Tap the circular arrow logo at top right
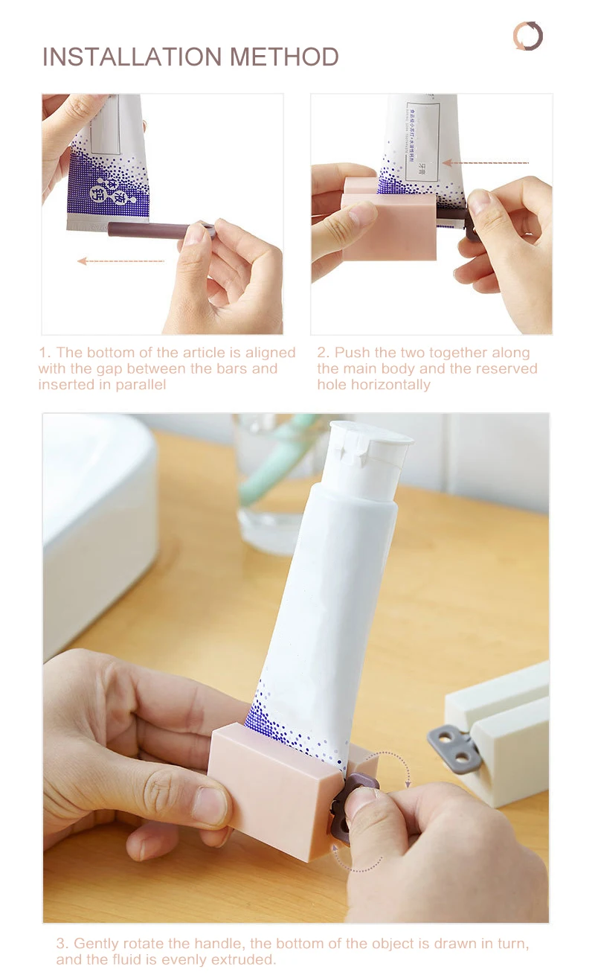[528, 36]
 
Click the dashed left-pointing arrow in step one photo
[120, 261]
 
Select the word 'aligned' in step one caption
[270, 353]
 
